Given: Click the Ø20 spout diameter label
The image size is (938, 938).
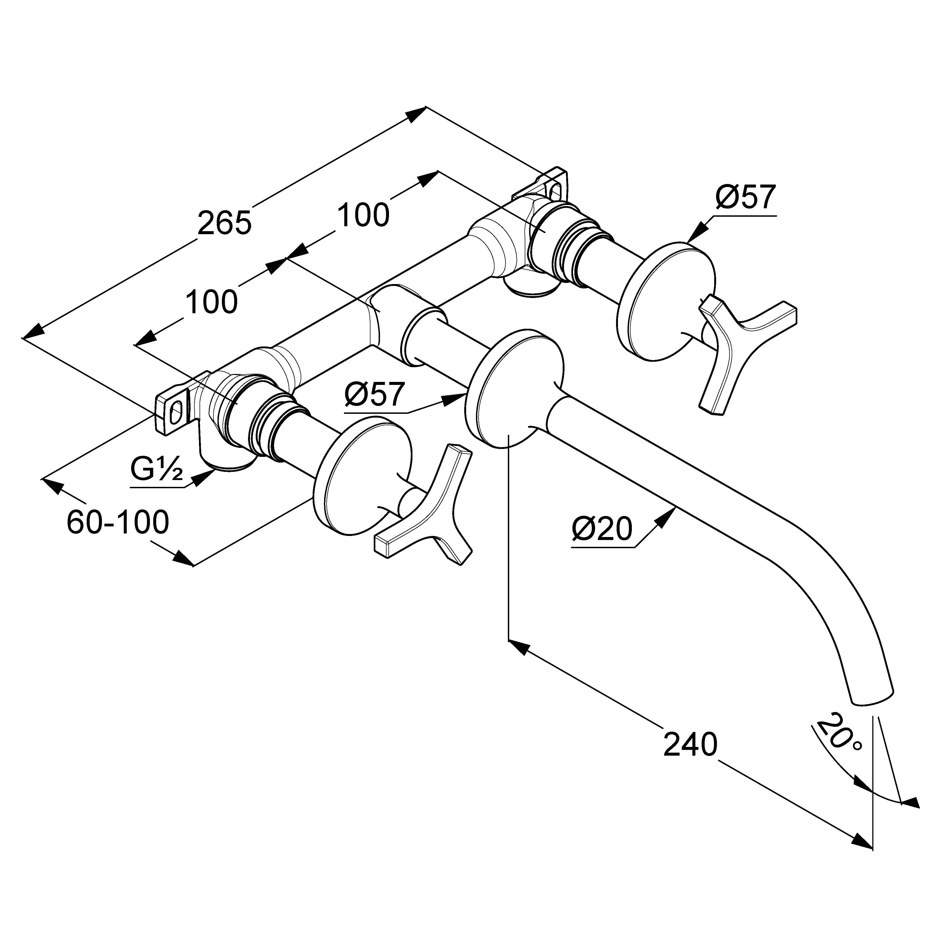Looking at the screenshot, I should tap(602, 529).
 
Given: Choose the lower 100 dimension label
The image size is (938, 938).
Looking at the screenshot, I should tap(212, 302).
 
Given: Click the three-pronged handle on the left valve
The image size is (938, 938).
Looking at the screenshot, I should tap(427, 515).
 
